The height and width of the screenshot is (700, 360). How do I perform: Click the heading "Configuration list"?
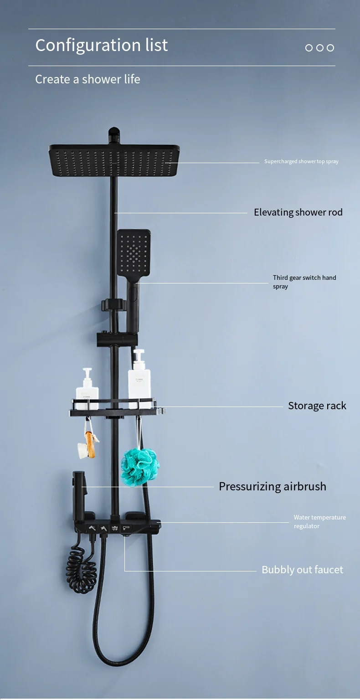(x=101, y=45)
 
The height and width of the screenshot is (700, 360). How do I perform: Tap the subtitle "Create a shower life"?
(x=87, y=79)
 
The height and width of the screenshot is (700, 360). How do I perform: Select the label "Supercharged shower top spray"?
(x=301, y=161)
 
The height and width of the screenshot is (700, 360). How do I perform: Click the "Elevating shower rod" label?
(x=298, y=212)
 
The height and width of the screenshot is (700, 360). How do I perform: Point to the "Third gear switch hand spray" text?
(x=304, y=282)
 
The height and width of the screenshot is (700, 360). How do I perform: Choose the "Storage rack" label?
(x=317, y=406)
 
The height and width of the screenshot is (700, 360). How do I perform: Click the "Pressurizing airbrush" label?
(x=272, y=486)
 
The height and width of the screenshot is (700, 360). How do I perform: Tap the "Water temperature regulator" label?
(x=319, y=521)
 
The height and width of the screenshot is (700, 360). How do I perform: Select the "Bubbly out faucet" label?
(x=302, y=570)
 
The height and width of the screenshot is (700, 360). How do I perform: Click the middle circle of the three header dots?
(x=319, y=48)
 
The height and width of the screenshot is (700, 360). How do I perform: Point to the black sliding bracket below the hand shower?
(x=113, y=340)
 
